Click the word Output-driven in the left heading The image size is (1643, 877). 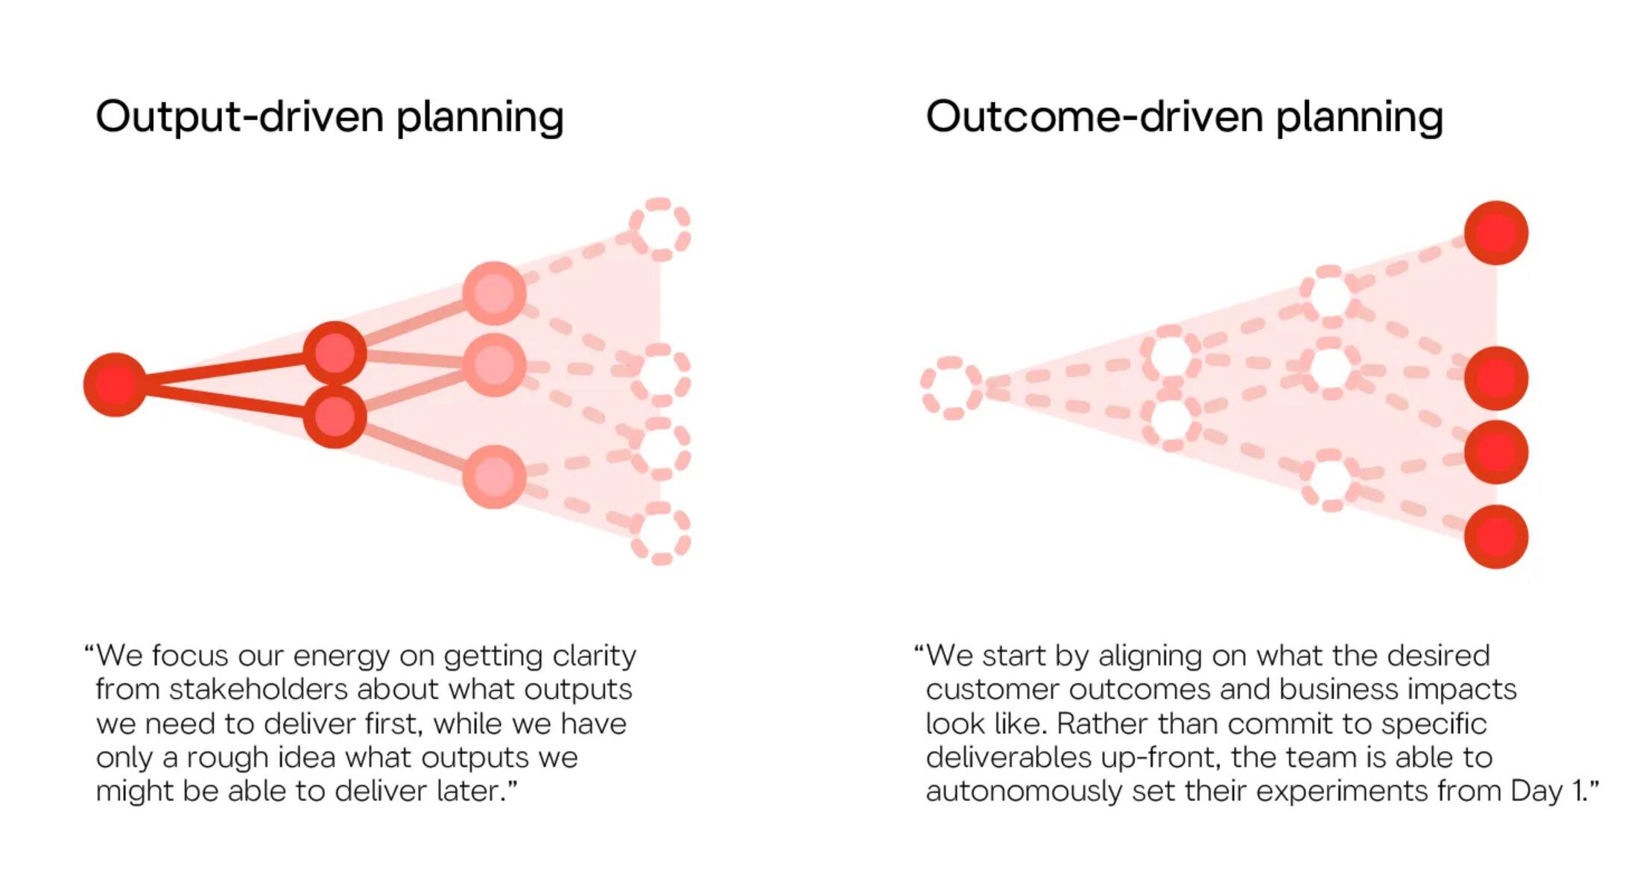click(x=239, y=116)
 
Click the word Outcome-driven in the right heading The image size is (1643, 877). click(x=1094, y=116)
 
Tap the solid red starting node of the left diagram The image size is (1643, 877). click(x=115, y=384)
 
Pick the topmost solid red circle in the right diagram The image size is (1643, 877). click(x=1495, y=232)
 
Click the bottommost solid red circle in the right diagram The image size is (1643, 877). click(x=1495, y=536)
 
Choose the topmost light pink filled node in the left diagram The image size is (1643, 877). click(x=494, y=293)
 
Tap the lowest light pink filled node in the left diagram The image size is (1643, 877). click(x=494, y=477)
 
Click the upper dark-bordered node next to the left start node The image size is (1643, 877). click(x=335, y=353)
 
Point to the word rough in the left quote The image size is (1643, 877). click(x=227, y=758)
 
